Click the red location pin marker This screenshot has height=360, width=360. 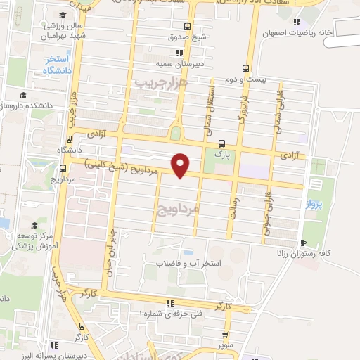point(181,165)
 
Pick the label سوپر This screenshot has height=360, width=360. point(224,347)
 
